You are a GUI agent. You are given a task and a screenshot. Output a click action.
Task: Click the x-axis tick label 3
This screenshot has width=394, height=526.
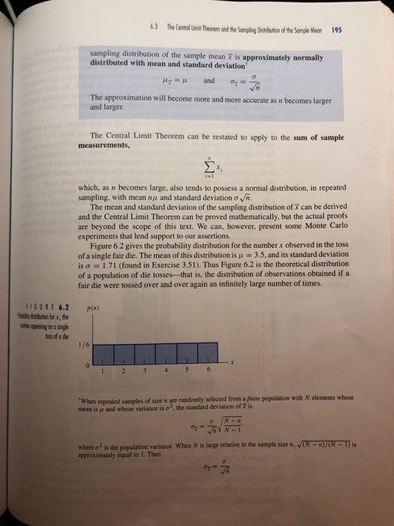164,369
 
